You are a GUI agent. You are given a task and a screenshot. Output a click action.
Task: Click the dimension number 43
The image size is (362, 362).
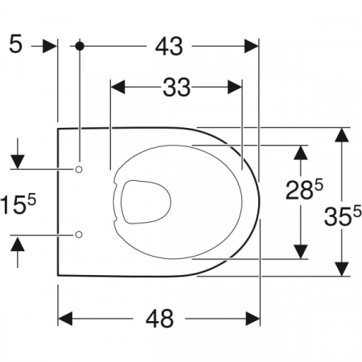[169, 46]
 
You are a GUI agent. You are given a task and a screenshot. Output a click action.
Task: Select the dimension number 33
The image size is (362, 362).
[177, 87]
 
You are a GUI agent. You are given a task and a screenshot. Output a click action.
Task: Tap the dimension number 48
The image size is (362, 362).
[159, 319]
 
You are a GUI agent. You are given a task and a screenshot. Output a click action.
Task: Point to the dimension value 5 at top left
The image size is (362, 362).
[15, 44]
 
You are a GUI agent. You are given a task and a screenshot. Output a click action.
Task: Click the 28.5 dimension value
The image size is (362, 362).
[304, 190]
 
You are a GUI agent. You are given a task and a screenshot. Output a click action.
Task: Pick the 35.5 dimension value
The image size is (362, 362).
[343, 215]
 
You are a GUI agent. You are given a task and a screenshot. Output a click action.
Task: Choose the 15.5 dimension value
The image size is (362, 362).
[18, 204]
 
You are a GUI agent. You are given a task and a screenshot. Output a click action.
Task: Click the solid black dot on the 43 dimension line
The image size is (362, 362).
[80, 46]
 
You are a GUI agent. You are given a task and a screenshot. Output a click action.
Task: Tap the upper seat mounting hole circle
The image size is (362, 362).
[79, 169]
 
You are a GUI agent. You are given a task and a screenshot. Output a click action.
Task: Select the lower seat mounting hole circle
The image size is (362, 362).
[79, 234]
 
